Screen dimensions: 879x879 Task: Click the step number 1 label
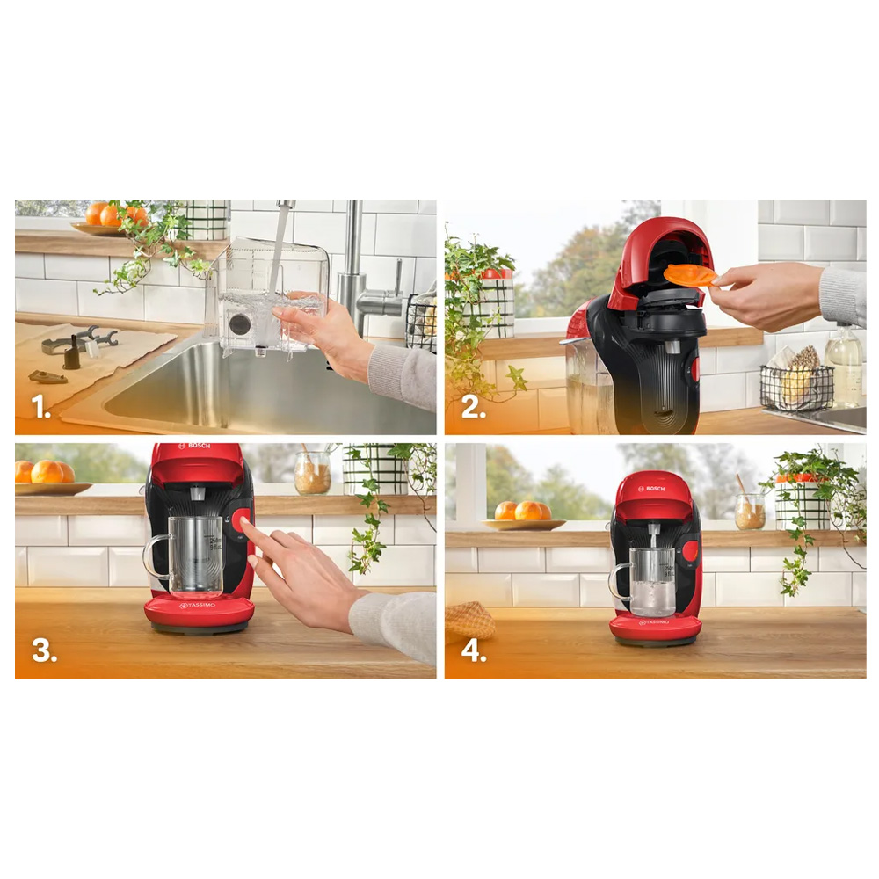(40, 406)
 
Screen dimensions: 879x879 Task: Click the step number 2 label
(473, 406)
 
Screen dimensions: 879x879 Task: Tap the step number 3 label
(44, 650)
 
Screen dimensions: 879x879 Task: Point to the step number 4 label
(474, 650)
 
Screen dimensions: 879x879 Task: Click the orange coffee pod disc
(690, 275)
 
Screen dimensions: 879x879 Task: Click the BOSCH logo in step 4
(651, 489)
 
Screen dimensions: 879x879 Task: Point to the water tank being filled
(267, 297)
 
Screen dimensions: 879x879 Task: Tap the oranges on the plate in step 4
(522, 510)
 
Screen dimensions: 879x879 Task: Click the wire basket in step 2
(796, 387)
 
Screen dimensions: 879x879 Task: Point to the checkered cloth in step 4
(469, 621)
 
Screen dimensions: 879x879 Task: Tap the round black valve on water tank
(239, 324)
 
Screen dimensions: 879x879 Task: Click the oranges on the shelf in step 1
(116, 214)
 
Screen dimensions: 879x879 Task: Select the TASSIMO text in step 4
(654, 623)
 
